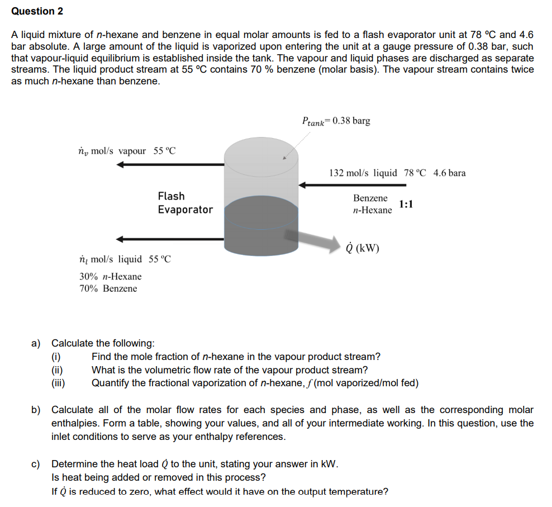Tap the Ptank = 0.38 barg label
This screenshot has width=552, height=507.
click(x=335, y=121)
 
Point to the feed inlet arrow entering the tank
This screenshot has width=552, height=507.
click(x=352, y=184)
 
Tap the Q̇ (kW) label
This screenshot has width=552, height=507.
click(x=363, y=248)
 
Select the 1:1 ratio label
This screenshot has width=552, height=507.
click(x=406, y=204)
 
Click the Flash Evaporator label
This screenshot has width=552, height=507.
click(x=185, y=203)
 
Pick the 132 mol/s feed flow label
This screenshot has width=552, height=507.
click(x=363, y=173)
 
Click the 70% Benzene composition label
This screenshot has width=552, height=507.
click(x=108, y=288)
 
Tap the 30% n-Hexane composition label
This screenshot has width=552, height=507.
click(x=110, y=276)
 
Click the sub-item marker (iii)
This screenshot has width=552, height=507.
click(x=58, y=383)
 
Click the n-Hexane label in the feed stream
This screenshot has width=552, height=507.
click(x=373, y=210)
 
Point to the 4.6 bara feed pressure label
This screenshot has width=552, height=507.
click(x=449, y=173)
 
